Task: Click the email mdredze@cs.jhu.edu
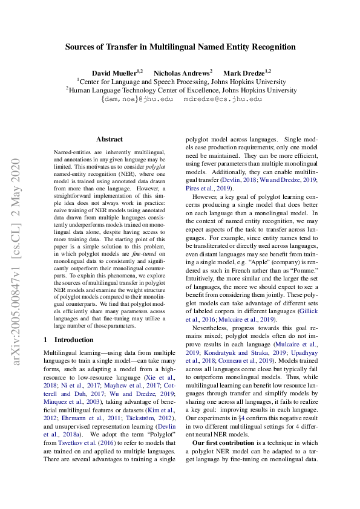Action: tap(223, 99)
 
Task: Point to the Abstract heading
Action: tap(109, 139)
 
